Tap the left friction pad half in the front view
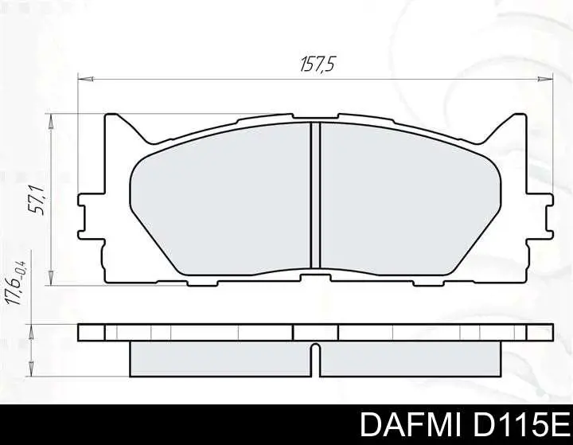[x=219, y=199]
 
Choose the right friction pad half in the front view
[x=410, y=199]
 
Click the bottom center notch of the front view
[x=315, y=275]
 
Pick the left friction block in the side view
[x=219, y=358]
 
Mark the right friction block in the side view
[x=410, y=358]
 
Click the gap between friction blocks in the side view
[x=315, y=360]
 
